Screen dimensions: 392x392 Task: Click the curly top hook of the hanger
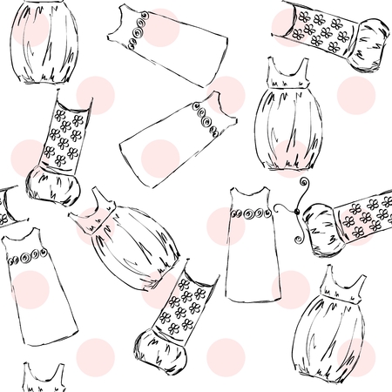pyautogui.click(x=306, y=184)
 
